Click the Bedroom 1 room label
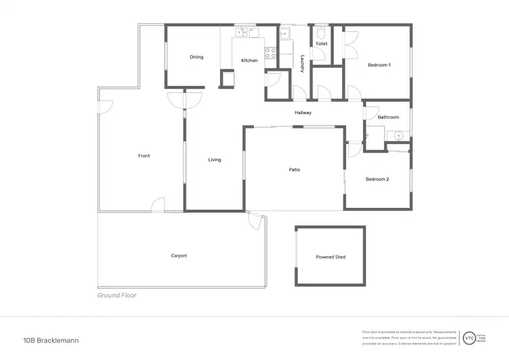click(x=379, y=65)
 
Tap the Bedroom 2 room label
click(x=377, y=179)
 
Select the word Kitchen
click(x=249, y=61)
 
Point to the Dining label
click(x=196, y=57)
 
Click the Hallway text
click(x=303, y=113)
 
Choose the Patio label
click(x=294, y=170)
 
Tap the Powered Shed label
click(x=331, y=257)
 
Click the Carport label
click(x=178, y=256)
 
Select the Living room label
click(x=214, y=160)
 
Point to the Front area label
click(x=144, y=156)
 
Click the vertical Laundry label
click(x=301, y=63)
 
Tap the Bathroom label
click(x=388, y=118)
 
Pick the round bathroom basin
click(x=398, y=136)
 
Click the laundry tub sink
click(x=284, y=32)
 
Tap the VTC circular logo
click(x=468, y=337)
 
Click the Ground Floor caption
click(x=117, y=295)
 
